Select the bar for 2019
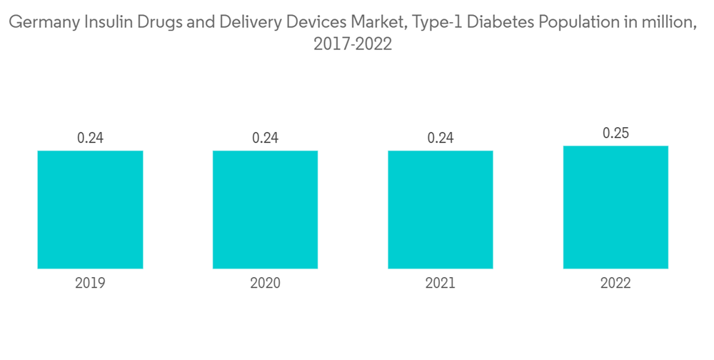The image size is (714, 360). tap(90, 209)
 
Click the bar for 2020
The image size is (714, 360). tap(265, 209)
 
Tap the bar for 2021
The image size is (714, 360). tap(441, 209)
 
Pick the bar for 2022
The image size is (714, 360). tap(615, 207)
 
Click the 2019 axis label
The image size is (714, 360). tap(90, 284)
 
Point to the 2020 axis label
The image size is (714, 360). tap(265, 284)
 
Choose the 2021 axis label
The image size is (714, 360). tap(441, 284)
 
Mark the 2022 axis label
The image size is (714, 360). tap(615, 284)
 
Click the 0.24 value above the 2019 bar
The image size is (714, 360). tap(90, 138)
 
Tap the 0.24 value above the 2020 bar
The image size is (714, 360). tap(265, 138)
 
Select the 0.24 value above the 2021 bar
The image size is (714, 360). tap(441, 138)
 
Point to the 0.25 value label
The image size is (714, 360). tap(615, 133)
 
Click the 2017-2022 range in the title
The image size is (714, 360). tap(353, 44)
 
